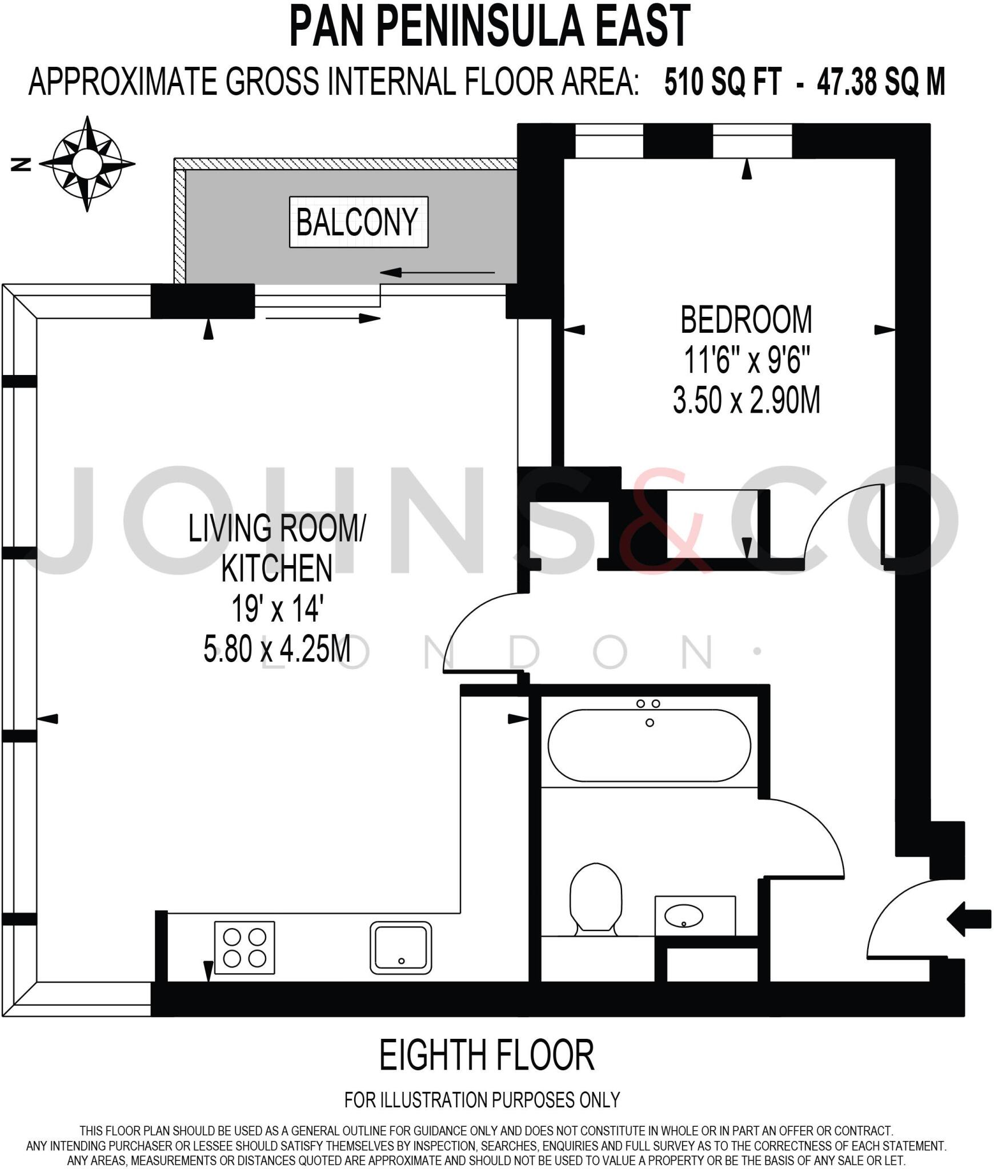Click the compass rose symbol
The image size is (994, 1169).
click(87, 164)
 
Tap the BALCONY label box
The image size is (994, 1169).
click(358, 222)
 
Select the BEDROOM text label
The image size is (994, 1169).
click(745, 320)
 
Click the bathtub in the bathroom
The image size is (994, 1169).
click(650, 745)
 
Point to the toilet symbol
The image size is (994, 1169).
click(596, 900)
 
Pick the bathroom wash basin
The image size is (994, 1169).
click(684, 916)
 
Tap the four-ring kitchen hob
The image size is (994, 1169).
click(245, 948)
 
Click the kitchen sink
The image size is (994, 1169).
click(400, 948)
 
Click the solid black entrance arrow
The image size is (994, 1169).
click(969, 919)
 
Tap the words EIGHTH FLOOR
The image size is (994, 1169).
click(487, 1055)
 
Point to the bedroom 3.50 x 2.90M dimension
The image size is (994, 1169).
click(746, 400)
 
